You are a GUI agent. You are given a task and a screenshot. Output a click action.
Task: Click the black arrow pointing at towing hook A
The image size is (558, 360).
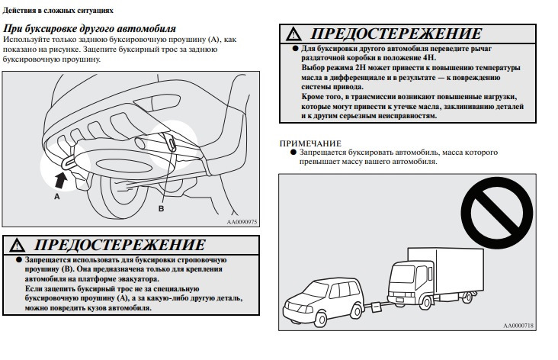coord(61,180)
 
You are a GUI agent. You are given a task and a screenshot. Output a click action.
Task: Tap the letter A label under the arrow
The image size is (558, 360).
coord(57,196)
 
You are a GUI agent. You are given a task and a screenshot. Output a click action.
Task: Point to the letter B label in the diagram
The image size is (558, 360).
coord(161,209)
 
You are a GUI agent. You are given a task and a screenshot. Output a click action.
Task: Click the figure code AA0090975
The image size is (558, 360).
coord(242,222)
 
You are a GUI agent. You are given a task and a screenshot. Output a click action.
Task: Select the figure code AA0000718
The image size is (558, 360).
coord(518,326)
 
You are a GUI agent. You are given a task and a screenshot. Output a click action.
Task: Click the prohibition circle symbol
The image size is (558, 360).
coord(497,213)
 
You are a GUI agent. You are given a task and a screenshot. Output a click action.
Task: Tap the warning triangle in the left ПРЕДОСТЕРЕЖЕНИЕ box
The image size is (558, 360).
coord(17,246)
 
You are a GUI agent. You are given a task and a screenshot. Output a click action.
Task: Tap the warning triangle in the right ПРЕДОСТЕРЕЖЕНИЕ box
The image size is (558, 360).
coord(293,34)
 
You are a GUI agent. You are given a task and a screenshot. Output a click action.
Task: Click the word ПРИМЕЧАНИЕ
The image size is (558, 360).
coord(310,143)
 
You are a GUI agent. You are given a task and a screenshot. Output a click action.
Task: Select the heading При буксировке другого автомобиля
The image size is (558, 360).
coord(89,28)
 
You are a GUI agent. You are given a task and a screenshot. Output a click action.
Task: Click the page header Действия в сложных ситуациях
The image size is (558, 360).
coord(58,11)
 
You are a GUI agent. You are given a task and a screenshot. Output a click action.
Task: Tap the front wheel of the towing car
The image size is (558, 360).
coord(321,319)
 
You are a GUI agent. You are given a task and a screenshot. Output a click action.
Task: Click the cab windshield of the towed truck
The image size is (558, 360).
coord(402,274)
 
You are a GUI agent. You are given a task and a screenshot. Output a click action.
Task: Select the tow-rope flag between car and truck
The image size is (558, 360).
coord(376,307)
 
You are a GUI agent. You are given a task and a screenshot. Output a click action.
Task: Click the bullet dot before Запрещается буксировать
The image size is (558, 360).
coord(293,153)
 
